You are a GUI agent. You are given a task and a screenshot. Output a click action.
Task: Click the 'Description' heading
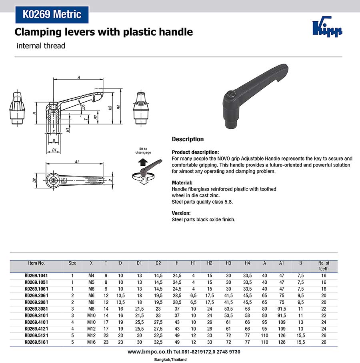pos(188,139)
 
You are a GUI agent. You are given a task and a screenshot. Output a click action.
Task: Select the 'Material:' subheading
pos(182,183)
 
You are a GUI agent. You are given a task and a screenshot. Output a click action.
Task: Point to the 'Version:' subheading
pos(181,213)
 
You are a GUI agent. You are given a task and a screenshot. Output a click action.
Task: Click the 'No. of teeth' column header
pos(324,266)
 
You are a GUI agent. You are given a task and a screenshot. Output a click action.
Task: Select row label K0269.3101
pos(36,315)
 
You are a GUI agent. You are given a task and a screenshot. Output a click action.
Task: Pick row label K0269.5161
pos(36,342)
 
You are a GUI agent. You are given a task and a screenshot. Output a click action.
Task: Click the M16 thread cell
pos(91,342)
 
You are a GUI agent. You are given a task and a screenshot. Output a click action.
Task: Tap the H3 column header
pos(228,263)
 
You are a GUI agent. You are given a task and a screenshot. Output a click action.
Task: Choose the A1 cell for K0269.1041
pos(282,276)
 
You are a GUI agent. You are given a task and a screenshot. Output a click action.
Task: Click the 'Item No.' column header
pos(36,263)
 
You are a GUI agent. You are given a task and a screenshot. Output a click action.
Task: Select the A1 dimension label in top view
pos(77,162)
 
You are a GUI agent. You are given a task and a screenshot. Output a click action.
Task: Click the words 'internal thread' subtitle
pos(41,46)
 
